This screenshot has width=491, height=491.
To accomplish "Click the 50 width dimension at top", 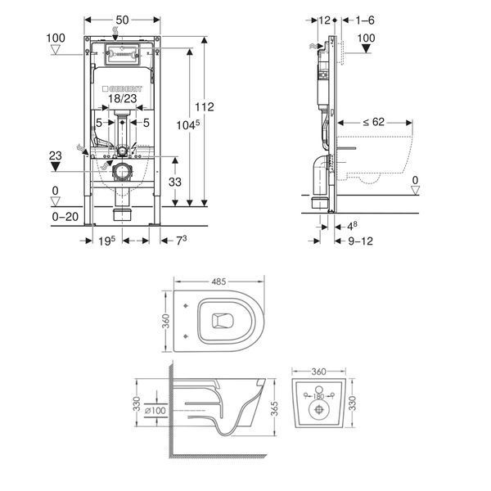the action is tap(122, 20).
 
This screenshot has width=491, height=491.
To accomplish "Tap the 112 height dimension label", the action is tap(205, 107).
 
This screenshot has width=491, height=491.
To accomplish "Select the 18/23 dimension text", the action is tap(123, 99).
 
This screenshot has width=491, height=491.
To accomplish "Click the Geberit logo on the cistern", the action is tap(122, 88).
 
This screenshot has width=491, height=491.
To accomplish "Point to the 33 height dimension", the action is tap(175, 182).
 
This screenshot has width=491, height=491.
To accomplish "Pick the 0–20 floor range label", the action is tap(65, 217).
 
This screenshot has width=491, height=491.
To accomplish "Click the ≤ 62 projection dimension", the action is tap(374, 122).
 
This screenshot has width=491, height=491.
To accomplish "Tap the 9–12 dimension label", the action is tap(360, 241).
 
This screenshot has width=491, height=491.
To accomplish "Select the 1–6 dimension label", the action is tap(365, 20).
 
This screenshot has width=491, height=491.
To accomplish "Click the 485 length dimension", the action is tap(218, 282).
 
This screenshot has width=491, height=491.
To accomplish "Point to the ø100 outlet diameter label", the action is tap(155, 410).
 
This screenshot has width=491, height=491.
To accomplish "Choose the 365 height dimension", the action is tap(274, 408).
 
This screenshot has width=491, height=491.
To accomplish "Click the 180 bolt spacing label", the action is tap(318, 396).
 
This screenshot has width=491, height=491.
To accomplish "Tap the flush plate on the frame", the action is tap(121, 55).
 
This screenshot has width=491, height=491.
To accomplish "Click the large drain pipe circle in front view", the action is tap(121, 172).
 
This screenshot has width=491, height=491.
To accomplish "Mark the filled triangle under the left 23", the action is tap(56, 167).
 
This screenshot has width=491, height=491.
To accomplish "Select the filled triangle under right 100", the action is tap(366, 48).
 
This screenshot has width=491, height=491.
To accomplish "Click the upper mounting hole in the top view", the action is tap(187, 305).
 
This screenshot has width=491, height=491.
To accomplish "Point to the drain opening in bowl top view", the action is tap(223, 321).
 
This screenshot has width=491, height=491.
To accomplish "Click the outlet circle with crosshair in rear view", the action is tap(319, 410).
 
